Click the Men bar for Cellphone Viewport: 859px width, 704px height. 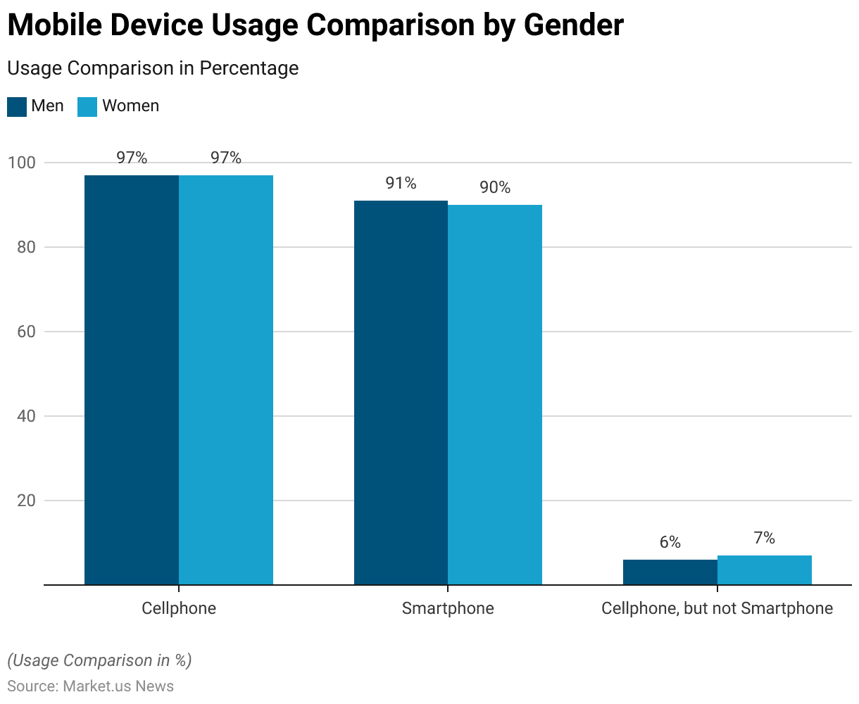[132, 380]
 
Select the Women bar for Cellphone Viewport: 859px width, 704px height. [226, 380]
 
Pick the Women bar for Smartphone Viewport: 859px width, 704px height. [495, 395]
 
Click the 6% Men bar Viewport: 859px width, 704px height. [670, 572]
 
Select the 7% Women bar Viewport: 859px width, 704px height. [765, 570]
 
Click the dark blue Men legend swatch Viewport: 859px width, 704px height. [17, 107]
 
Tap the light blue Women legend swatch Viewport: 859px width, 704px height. [87, 107]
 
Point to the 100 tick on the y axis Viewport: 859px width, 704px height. [21, 163]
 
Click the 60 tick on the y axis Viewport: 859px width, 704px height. [25, 332]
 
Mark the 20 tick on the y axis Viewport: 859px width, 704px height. [25, 501]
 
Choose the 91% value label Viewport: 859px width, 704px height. [401, 184]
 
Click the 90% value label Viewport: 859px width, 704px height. [495, 188]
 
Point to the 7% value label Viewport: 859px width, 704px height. [765, 539]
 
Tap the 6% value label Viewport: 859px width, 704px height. [670, 543]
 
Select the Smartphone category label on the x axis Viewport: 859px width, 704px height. [448, 608]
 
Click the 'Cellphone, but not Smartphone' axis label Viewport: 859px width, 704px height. [717, 608]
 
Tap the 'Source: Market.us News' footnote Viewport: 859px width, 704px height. [90, 686]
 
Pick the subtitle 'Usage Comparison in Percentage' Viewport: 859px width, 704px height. [153, 68]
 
